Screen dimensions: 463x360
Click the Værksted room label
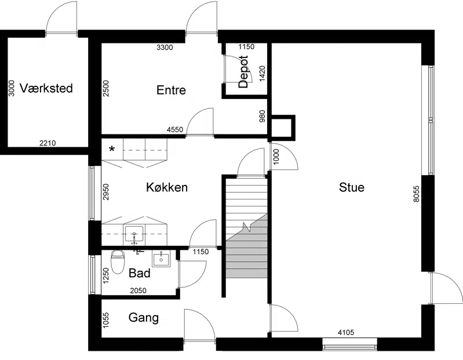(46, 88)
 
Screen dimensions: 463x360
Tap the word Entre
(171, 90)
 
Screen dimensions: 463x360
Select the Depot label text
(243, 72)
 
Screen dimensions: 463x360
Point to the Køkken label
(167, 187)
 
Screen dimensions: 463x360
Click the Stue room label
(351, 187)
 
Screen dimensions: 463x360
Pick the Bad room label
(140, 273)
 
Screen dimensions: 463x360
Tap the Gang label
(144, 318)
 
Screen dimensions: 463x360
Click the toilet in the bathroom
(118, 262)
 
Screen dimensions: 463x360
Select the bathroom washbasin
(161, 259)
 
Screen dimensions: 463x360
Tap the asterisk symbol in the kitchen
(112, 150)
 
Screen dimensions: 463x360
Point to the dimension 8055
(416, 194)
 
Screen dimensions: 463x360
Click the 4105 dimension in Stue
(346, 333)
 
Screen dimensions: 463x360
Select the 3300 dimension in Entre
(165, 48)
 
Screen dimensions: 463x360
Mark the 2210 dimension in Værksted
(48, 143)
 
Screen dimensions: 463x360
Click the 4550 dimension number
(175, 129)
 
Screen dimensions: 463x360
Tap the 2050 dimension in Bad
(138, 290)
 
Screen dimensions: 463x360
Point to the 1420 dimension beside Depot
(262, 73)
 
